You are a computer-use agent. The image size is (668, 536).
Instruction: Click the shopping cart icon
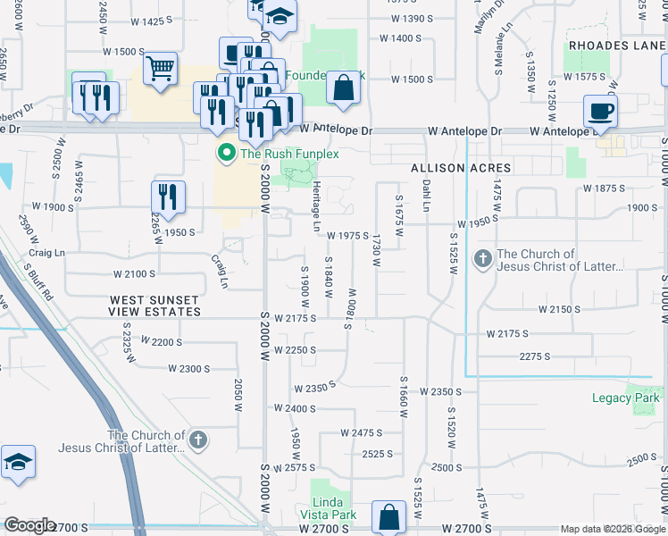click(x=159, y=69)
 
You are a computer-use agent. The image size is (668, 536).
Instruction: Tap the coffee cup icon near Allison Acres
click(x=600, y=111)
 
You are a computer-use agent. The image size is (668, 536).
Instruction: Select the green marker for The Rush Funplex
click(x=226, y=154)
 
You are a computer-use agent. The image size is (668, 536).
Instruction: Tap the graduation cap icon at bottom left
click(x=18, y=463)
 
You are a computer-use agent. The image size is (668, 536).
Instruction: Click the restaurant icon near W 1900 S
click(x=168, y=196)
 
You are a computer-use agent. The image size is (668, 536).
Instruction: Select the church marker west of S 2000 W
click(x=198, y=440)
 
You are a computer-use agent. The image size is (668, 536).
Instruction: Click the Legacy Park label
click(x=625, y=398)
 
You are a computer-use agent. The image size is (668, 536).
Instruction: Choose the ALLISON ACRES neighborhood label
click(x=461, y=168)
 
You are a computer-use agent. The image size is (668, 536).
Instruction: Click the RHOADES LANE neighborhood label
click(x=615, y=45)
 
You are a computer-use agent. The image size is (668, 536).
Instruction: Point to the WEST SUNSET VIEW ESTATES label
click(x=154, y=306)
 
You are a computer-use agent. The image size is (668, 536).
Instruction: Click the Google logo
click(x=29, y=525)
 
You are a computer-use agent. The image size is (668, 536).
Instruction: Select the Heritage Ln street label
click(x=316, y=206)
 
